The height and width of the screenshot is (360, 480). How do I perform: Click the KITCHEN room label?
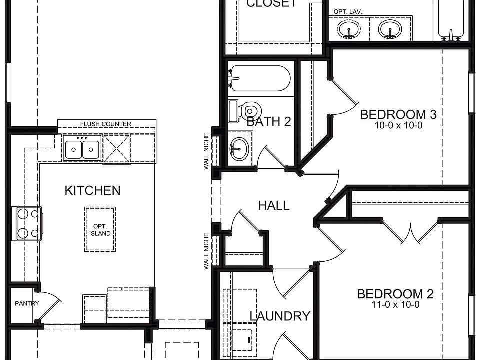92,190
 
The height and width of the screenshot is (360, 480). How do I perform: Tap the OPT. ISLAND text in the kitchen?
100,230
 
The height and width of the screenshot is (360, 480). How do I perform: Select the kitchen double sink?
82,148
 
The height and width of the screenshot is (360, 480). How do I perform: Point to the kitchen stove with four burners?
28,223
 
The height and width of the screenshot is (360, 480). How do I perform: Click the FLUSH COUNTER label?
106,124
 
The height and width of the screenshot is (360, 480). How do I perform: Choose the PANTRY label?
23,303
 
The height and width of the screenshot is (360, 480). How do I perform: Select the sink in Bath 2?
240,148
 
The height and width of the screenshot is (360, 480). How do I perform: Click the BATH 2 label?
269,121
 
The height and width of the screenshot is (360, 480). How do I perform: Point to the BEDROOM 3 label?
398,115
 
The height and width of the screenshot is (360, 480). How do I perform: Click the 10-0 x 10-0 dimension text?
398,126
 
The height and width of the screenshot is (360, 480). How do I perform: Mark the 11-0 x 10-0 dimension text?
395,304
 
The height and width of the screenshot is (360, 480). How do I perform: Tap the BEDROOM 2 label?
395,294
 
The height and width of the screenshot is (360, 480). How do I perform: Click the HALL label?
273,205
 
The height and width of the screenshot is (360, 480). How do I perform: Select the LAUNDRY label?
279,316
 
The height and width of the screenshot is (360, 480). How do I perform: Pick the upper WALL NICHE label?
206,151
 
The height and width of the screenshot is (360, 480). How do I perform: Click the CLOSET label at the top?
271,4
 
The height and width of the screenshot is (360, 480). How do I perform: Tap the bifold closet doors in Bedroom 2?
410,231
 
